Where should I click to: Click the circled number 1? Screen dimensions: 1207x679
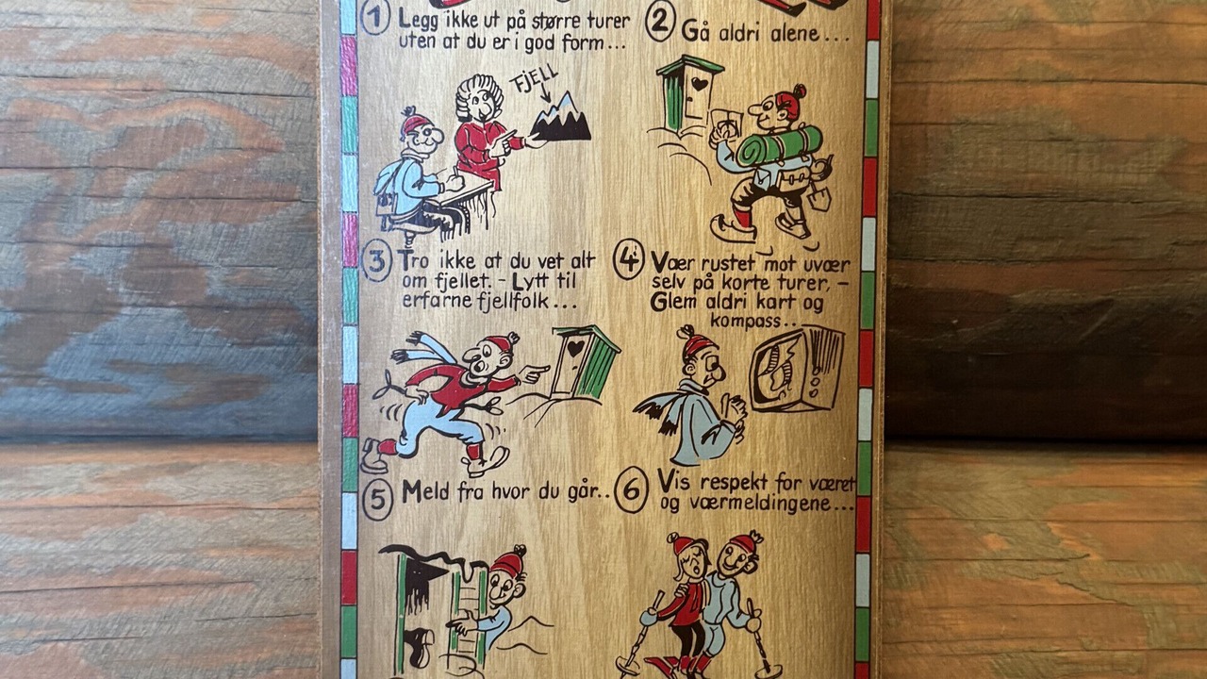(x=375, y=18)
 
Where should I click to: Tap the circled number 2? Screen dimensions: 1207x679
(x=660, y=25)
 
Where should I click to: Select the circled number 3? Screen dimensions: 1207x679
(x=376, y=261)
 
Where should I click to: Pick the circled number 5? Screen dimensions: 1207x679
(x=377, y=500)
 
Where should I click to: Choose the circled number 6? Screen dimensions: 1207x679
(x=631, y=490)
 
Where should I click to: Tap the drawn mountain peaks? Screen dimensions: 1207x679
(x=560, y=119)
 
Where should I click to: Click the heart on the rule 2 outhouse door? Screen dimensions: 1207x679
(x=700, y=85)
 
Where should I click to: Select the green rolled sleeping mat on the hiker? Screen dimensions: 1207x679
(x=779, y=145)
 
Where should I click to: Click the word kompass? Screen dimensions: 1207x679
(x=746, y=321)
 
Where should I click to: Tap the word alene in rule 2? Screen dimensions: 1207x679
(x=794, y=33)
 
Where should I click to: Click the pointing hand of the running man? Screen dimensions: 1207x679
(x=536, y=373)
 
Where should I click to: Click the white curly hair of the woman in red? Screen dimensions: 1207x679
(x=480, y=94)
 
